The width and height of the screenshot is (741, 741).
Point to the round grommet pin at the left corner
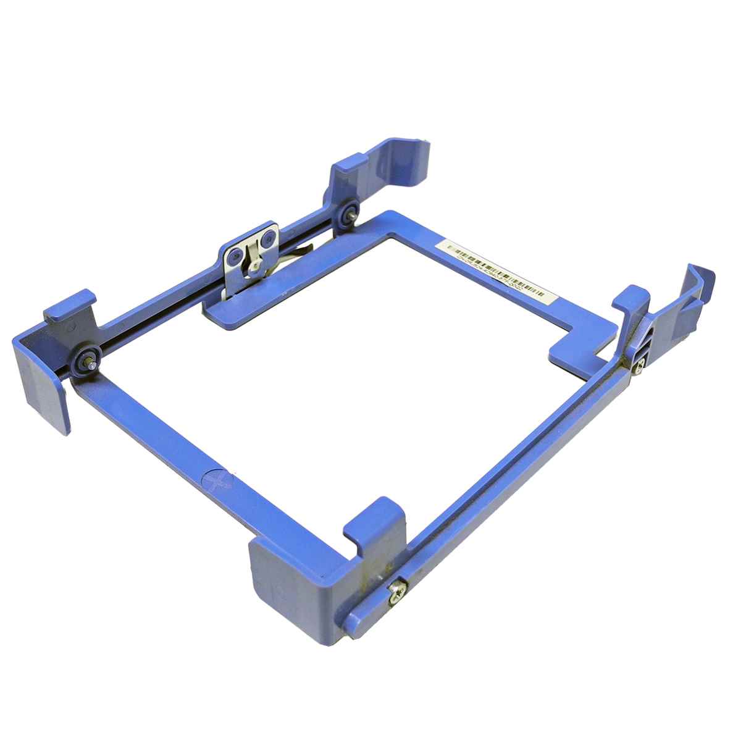[84, 362]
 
